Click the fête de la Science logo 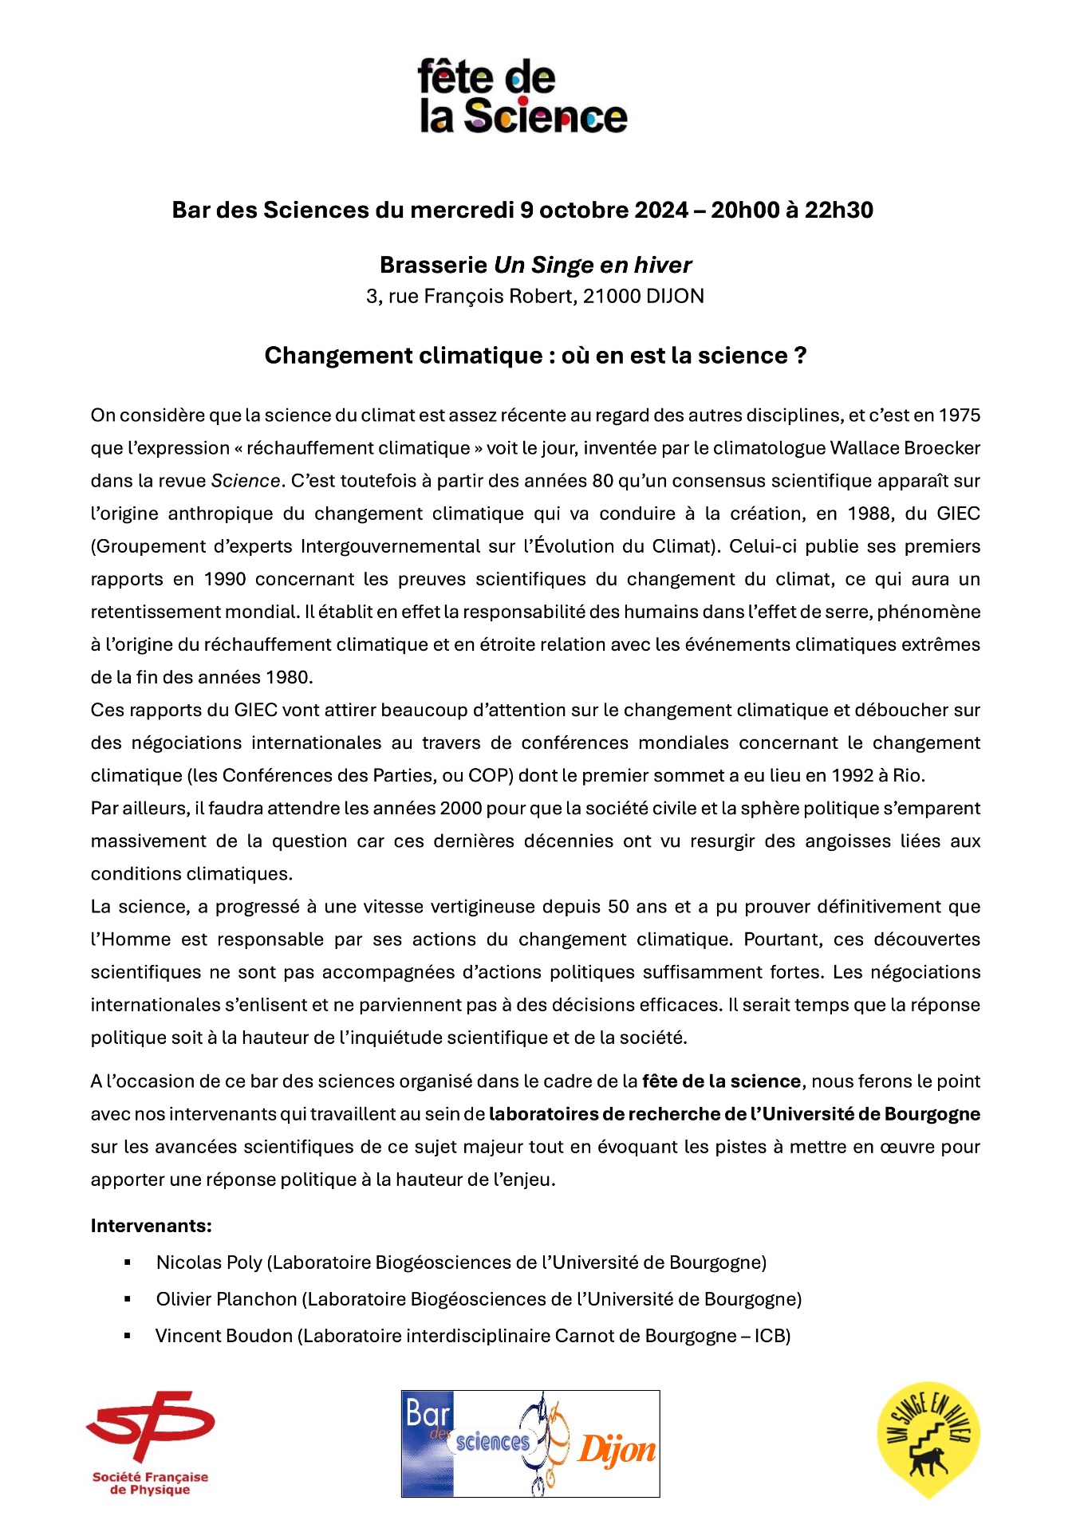coord(522,96)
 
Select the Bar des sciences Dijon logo coord(530,1443)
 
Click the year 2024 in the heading coord(661,210)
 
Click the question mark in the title coord(800,356)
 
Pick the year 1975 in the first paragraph coord(959,415)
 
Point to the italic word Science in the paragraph coord(246,481)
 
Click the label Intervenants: coord(152,1226)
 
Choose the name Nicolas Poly coord(209,1262)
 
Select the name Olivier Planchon coord(227,1299)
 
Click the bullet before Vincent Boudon coord(128,1336)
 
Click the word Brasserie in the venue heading coord(433,265)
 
